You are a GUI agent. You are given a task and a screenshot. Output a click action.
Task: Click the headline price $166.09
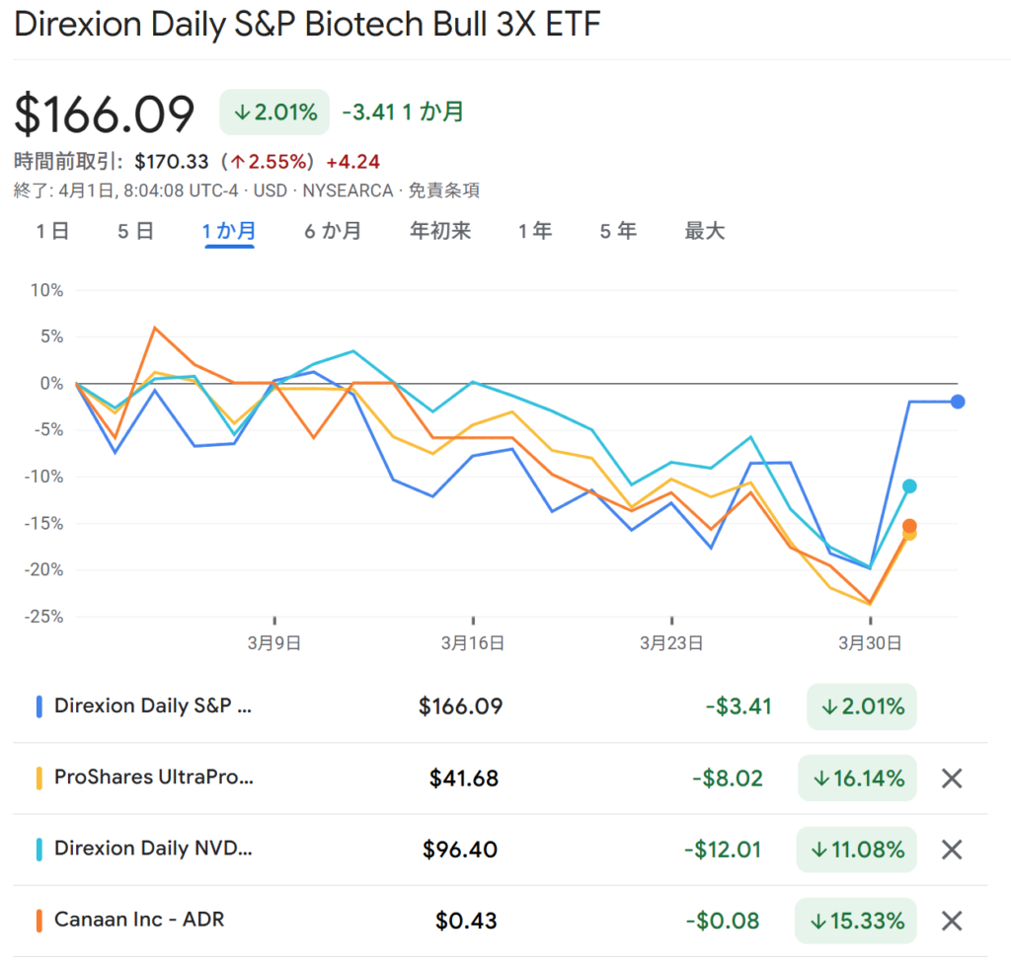click(x=105, y=114)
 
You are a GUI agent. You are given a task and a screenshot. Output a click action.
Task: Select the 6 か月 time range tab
click(x=332, y=231)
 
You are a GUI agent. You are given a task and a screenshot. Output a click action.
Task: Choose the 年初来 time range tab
click(x=440, y=231)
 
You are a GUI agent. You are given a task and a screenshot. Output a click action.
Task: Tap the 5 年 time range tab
click(x=618, y=231)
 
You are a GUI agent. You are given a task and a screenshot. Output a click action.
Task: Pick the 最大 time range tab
click(x=705, y=231)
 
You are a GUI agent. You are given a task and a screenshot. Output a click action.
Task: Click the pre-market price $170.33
click(x=172, y=162)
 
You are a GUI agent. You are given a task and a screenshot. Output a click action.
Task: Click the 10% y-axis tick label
click(x=46, y=290)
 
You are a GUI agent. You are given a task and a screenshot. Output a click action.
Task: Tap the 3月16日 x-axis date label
click(x=473, y=643)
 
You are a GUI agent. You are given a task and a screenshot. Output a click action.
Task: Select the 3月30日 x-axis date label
click(x=870, y=643)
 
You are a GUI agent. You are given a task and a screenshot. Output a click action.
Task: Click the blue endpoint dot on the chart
click(x=958, y=402)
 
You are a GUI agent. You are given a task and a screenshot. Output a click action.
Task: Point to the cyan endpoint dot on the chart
click(x=909, y=485)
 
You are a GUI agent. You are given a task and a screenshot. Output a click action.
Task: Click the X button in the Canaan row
click(x=952, y=921)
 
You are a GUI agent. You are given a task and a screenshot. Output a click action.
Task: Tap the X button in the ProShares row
click(x=952, y=779)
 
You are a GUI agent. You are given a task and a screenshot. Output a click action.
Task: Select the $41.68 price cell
click(x=464, y=779)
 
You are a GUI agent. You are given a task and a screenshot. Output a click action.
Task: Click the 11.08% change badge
click(x=857, y=850)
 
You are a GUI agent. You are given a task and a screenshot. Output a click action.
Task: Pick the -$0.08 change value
click(x=723, y=921)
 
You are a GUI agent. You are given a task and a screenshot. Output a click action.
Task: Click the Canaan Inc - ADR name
click(x=139, y=920)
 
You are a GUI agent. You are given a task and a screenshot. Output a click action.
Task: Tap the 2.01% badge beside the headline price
click(x=275, y=112)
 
